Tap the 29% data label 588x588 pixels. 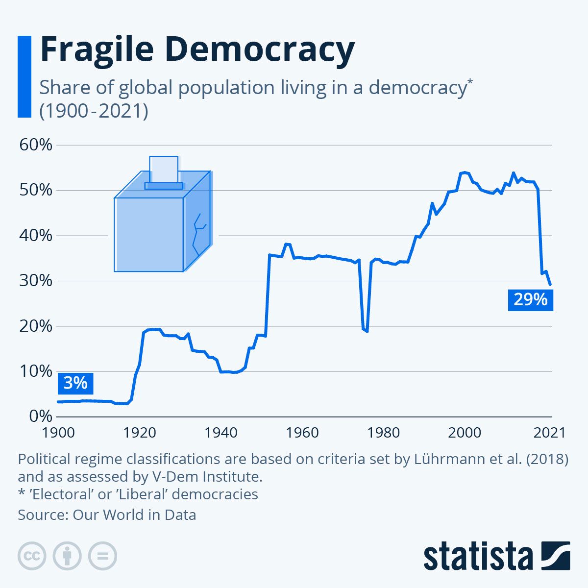tap(530, 299)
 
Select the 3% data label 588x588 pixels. tap(75, 383)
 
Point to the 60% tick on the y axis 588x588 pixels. tap(35, 145)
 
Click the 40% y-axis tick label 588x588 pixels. tap(35, 236)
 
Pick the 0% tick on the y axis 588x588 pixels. tap(40, 416)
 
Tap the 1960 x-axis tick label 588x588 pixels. tap(302, 433)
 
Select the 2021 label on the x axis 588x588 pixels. tap(549, 433)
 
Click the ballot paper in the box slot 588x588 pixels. tap(164, 169)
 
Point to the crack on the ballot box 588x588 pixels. tap(198, 234)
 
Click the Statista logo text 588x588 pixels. tap(478, 557)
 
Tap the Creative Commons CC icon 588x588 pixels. tap(32, 556)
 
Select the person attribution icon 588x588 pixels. tap(67, 556)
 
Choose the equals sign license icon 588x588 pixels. tap(102, 556)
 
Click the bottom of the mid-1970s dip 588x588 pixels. tap(366, 331)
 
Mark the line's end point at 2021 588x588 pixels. tap(550, 284)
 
